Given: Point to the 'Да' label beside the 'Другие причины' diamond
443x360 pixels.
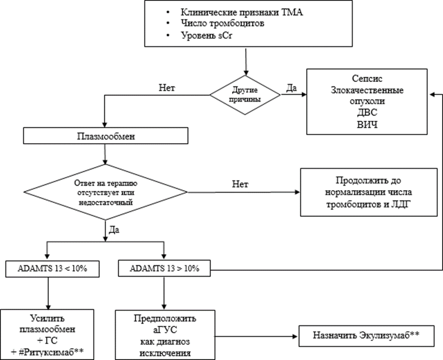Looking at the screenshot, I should [291, 88].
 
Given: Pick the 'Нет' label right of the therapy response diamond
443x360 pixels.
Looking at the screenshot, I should [240, 184].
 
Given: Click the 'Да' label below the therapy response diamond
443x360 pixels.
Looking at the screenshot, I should [115, 230].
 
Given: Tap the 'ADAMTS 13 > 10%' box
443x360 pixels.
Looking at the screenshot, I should [164, 269].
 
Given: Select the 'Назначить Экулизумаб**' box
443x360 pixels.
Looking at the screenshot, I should [366, 335].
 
